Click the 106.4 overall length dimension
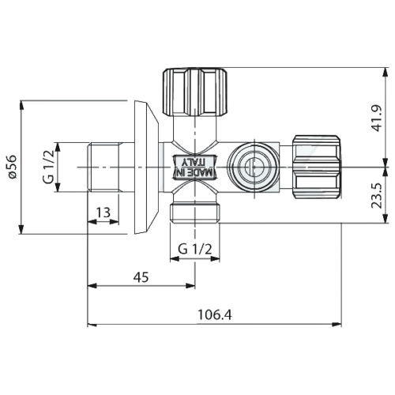tap(215, 314)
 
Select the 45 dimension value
tap(141, 277)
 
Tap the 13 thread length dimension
tap(103, 213)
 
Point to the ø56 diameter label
tap(12, 167)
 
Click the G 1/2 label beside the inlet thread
tap(48, 167)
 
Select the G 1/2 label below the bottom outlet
tap(195, 249)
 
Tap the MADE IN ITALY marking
tap(194, 167)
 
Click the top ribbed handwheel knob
tap(195, 92)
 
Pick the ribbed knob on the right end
tap(317, 167)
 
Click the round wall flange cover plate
tap(146, 167)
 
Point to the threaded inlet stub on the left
tap(105, 167)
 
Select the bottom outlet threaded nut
tap(194, 213)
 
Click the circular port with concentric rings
tap(253, 167)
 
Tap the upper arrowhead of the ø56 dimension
tap(21, 105)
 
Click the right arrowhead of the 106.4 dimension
tap(337, 325)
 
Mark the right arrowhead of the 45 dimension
tap(190, 286)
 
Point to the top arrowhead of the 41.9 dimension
tap(386, 73)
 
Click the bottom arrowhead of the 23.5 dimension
tap(386, 218)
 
